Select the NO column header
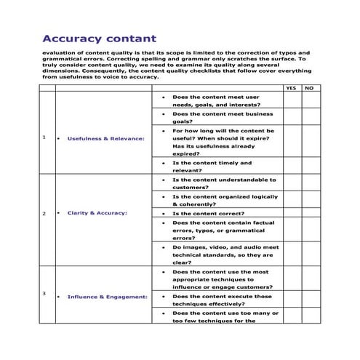[308, 88]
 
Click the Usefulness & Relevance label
[105, 137]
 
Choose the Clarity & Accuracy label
[97, 213]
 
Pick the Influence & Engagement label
[107, 297]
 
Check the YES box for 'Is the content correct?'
[292, 214]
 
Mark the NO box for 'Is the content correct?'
[308, 214]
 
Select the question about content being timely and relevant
[211, 167]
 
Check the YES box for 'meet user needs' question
[292, 100]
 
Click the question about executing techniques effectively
[222, 300]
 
